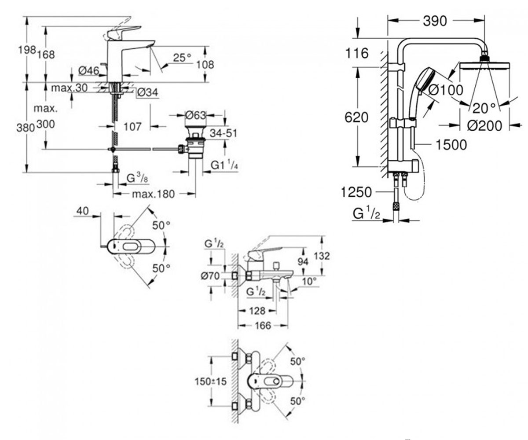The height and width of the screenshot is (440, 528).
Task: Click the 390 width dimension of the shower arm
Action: click(435, 21)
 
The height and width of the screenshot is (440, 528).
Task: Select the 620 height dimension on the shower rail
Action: click(356, 117)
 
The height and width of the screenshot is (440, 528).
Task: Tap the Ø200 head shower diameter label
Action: click(484, 126)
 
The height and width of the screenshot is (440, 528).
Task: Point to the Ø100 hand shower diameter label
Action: click(446, 90)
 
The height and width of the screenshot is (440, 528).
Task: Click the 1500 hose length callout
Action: click(451, 145)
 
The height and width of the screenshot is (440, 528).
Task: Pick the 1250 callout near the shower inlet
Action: click(356, 192)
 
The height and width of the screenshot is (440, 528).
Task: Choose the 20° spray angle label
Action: click(484, 109)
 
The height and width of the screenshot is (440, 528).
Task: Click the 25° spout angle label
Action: click(182, 58)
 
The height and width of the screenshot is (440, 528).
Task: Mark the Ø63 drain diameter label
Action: click(195, 115)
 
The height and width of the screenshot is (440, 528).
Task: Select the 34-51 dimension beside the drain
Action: click(223, 133)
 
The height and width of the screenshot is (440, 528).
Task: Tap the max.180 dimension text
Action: click(153, 194)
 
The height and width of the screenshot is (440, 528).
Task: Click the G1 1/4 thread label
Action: click(224, 165)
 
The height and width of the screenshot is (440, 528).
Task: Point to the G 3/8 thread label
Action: click(137, 179)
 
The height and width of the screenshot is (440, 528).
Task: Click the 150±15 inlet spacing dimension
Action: click(210, 381)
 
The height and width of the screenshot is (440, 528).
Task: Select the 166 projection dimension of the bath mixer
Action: click(263, 326)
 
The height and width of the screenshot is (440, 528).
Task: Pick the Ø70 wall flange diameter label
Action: click(211, 276)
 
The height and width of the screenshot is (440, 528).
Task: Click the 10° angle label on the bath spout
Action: click(309, 281)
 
